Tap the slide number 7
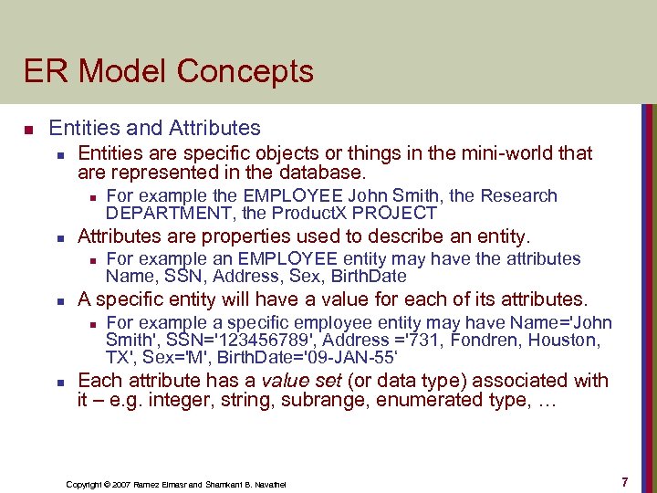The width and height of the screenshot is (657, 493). [624, 481]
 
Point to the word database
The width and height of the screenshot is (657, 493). [321, 172]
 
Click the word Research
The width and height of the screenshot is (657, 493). [518, 195]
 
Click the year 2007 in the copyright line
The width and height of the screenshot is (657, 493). [120, 483]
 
